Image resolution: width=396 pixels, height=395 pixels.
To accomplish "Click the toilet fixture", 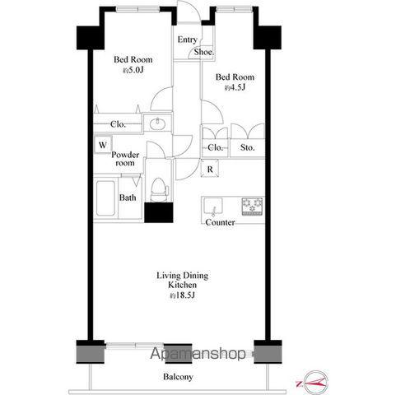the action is coord(159,190).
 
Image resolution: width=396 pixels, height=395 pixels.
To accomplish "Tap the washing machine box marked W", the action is coord(103,144).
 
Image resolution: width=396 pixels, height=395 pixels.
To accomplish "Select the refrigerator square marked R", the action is coord(210,169).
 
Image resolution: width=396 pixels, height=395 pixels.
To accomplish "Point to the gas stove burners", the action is coord(252,206).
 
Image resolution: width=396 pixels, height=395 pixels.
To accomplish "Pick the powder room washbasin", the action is coord(157,123).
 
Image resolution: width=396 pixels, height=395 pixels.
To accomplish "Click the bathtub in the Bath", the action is coord(105,198).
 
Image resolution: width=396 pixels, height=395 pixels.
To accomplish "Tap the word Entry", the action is coord(188,39).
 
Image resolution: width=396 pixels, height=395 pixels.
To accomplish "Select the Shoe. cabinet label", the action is coord(203,52).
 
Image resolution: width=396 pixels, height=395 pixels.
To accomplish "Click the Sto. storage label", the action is coord(247,147).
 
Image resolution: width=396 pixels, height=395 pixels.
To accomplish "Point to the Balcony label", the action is coord(178,377).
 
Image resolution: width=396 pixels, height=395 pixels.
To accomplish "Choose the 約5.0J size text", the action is coord(133,70).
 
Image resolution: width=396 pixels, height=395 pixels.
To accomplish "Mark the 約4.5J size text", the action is coord(235,87).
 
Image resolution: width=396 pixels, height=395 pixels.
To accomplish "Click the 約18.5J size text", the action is coord(182,295).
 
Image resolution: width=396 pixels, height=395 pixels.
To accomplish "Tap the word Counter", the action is coord(220,222).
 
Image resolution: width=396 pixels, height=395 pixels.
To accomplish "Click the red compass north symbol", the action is coord(314,383).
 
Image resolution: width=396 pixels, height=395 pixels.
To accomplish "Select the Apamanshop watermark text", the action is coord(198,353).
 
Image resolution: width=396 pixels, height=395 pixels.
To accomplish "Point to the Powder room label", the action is coord(125,159).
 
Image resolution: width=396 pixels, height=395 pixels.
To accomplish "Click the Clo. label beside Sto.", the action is coord(215,147).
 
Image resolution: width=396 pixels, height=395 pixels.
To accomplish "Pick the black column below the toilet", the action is coord(159,212).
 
